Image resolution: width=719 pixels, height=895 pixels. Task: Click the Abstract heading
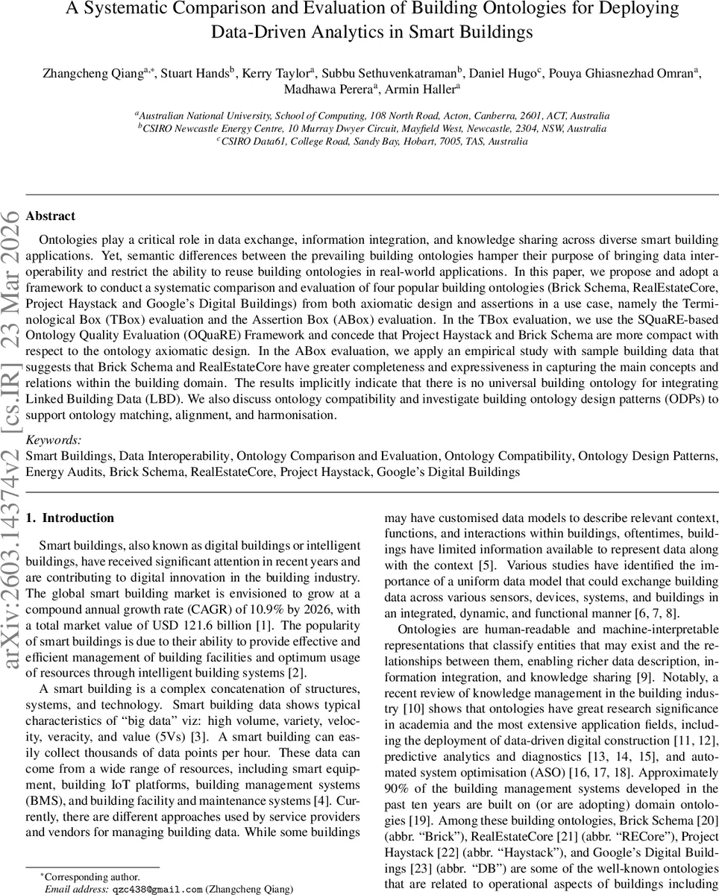pos(50,216)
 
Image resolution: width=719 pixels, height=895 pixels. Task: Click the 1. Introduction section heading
pos(69,518)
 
